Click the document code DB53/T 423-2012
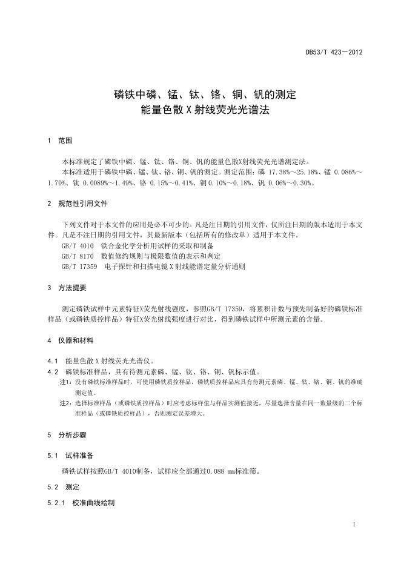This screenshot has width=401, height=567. [333, 52]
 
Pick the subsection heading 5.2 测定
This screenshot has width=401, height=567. [63, 486]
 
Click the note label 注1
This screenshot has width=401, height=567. [65, 382]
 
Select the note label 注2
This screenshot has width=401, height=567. [65, 402]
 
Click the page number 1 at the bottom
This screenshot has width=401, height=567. [354, 525]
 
